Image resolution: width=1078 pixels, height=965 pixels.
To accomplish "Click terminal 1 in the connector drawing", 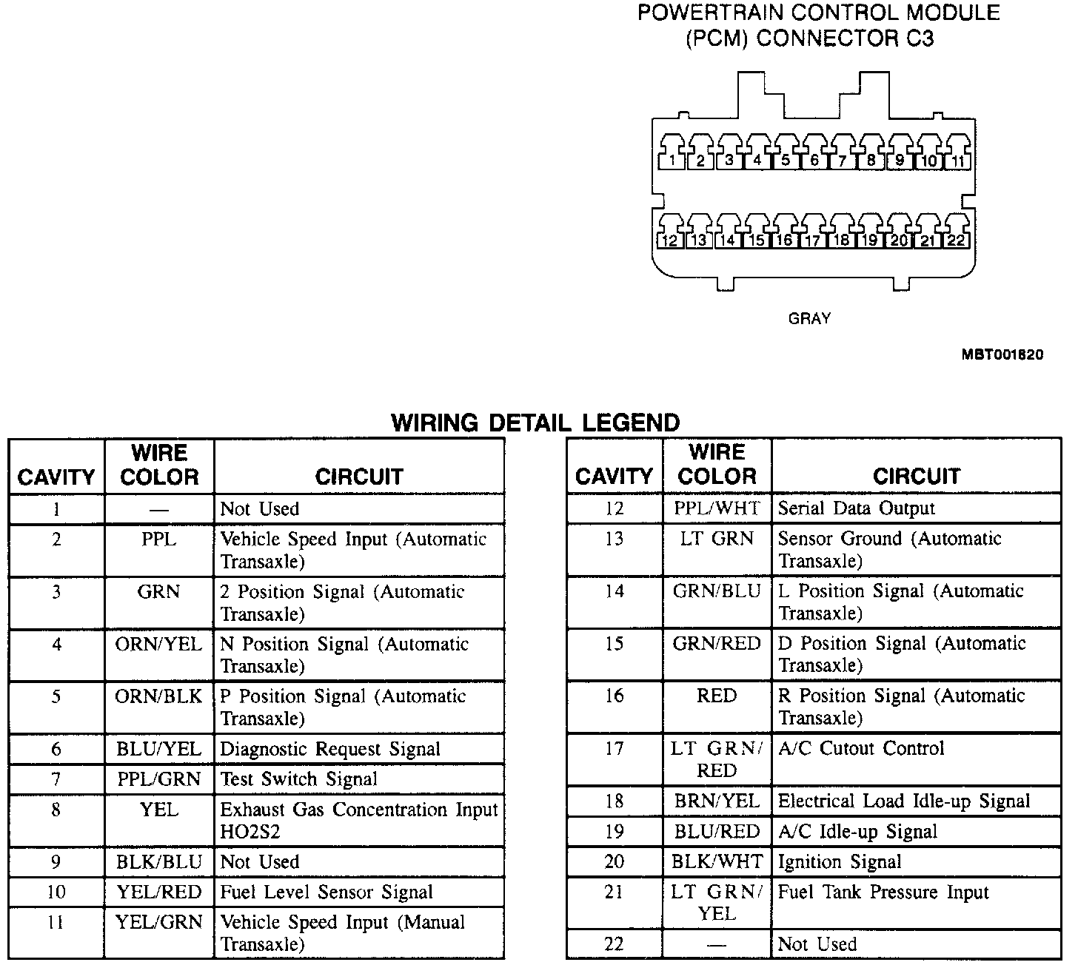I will pyautogui.click(x=672, y=155).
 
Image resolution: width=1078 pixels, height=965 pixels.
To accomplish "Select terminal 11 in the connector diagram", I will pyautogui.click(x=957, y=155).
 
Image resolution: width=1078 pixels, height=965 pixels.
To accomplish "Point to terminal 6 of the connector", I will pyautogui.click(x=814, y=155).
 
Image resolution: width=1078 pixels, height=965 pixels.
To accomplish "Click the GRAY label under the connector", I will pyautogui.click(x=809, y=318).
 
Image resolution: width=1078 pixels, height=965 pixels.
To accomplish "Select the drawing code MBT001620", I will pyautogui.click(x=1002, y=354).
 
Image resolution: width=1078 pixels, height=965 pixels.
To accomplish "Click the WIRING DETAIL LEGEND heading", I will pyautogui.click(x=535, y=423).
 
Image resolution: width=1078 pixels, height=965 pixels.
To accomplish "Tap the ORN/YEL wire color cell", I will pyautogui.click(x=158, y=645).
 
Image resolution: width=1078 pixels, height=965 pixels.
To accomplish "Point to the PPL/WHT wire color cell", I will pyautogui.click(x=716, y=508).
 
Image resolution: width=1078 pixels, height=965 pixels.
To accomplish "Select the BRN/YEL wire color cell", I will pyautogui.click(x=716, y=801).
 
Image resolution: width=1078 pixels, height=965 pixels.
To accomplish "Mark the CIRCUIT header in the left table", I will pyautogui.click(x=359, y=477).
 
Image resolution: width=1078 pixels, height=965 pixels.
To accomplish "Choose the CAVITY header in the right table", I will pyautogui.click(x=614, y=477).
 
